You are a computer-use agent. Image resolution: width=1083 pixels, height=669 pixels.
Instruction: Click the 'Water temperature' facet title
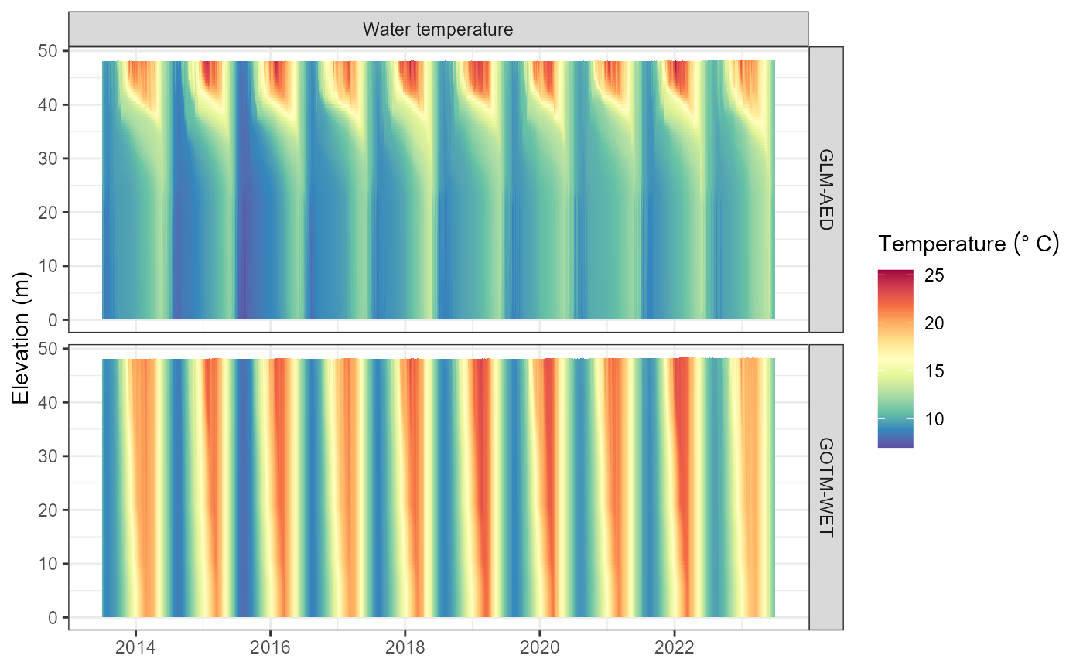[438, 30]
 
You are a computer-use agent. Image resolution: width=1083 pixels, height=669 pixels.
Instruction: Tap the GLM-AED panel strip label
[825, 189]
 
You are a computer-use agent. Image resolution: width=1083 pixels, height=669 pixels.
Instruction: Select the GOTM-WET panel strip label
[825, 487]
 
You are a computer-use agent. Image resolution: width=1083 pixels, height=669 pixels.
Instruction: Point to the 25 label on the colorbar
[934, 276]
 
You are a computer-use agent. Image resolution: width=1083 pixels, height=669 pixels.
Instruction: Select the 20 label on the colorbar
[934, 323]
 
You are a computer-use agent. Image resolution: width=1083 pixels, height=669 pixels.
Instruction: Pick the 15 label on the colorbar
[934, 371]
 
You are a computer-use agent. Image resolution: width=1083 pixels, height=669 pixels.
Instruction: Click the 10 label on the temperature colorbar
[934, 418]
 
